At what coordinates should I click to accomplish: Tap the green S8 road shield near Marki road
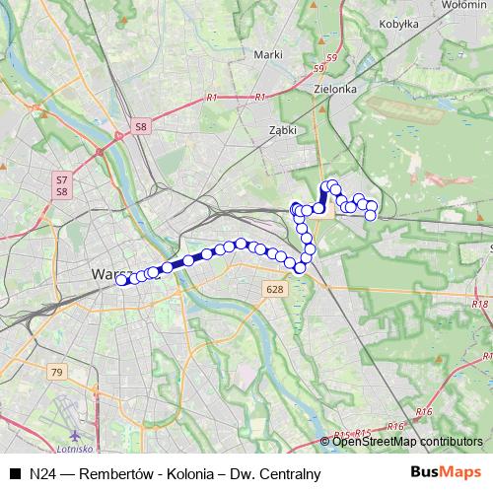coord(142,127)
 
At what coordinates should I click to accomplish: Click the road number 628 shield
coord(275,289)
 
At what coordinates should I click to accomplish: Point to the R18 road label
coord(479,305)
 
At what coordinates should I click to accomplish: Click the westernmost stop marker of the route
coord(121,280)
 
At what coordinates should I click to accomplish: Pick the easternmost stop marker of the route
coord(373,206)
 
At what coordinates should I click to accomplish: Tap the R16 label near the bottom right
coord(425,410)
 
